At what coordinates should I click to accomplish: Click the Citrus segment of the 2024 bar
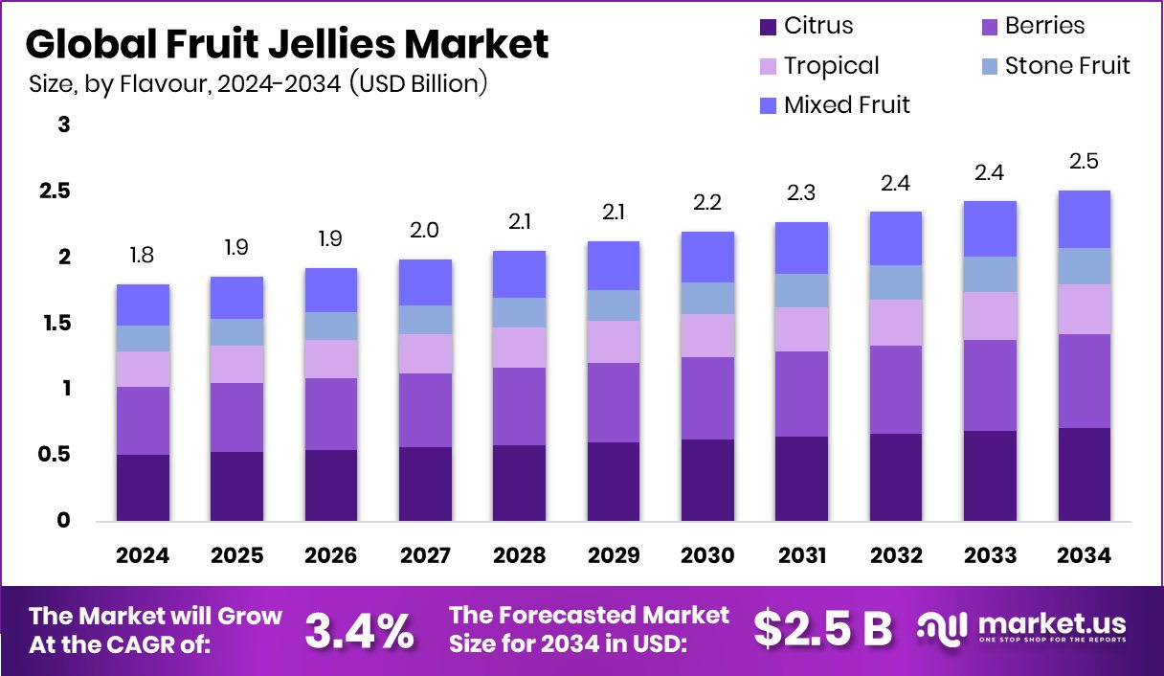(x=143, y=487)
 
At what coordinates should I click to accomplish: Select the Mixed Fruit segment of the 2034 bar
(x=1084, y=219)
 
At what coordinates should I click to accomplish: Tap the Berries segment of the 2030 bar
(x=707, y=398)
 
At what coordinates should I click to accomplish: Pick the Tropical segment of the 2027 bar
(x=425, y=353)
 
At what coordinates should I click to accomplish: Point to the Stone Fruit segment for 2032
(x=896, y=282)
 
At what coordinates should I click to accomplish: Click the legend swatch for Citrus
(x=768, y=27)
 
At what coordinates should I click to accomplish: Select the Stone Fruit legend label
(x=1067, y=65)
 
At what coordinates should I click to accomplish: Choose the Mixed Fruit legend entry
(x=846, y=104)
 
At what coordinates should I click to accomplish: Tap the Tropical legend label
(x=831, y=65)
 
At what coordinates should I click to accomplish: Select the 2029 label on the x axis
(x=614, y=556)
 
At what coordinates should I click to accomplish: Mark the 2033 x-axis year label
(x=990, y=556)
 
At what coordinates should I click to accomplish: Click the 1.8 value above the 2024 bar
(x=143, y=256)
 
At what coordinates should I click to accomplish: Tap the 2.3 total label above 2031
(x=801, y=193)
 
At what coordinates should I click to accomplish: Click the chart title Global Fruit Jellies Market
(x=287, y=44)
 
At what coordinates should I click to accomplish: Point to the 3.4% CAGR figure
(x=360, y=629)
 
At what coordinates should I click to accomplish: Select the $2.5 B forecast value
(x=822, y=629)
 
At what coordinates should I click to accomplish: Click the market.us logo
(x=1021, y=628)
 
